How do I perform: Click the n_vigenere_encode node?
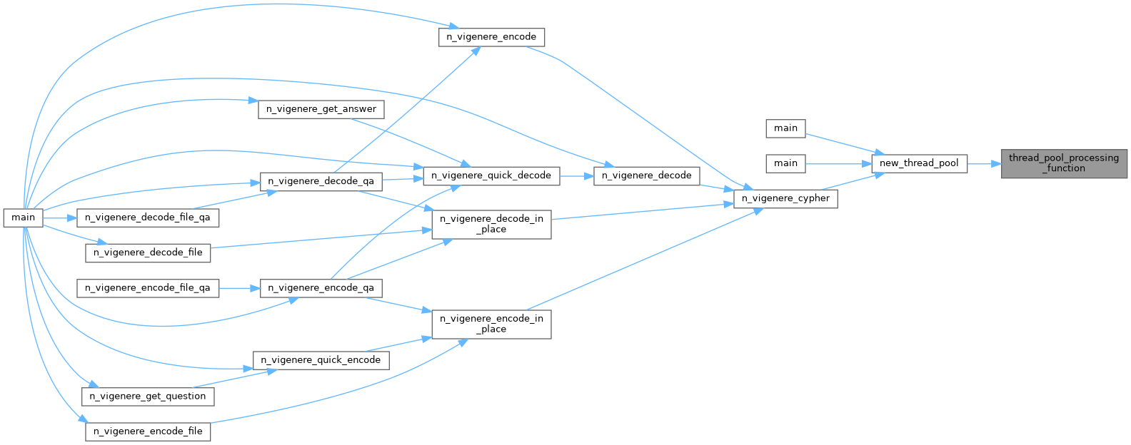click(491, 37)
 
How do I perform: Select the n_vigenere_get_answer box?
click(321, 109)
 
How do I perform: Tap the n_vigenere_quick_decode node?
click(491, 175)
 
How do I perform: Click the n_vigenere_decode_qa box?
click(321, 181)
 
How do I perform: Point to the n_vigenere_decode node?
click(646, 175)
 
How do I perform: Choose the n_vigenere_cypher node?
click(785, 198)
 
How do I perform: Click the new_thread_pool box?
click(919, 163)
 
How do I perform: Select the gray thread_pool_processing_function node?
click(1063, 163)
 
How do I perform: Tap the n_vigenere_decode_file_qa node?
click(148, 218)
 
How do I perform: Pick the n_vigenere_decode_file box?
click(148, 252)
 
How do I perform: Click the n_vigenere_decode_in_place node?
click(491, 224)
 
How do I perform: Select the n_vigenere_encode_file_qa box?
click(148, 288)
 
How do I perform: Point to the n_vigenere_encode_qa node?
click(321, 288)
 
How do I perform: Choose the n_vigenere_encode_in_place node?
click(491, 324)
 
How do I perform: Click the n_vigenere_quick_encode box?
click(321, 360)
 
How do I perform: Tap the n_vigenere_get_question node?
click(148, 397)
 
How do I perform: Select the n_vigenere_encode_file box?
click(148, 431)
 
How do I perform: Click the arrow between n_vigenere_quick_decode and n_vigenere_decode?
click(576, 175)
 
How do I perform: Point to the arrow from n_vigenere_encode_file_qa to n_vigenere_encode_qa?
click(239, 288)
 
